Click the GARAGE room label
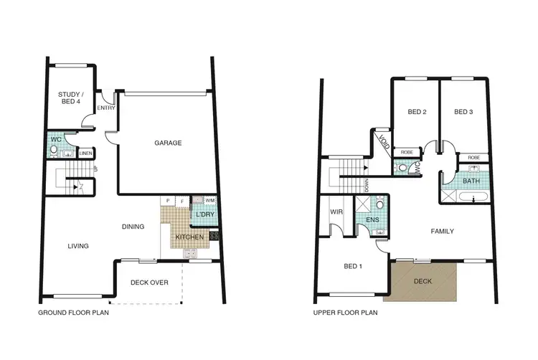tap(168, 143)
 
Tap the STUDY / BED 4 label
tap(70, 98)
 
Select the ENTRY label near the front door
tap(106, 108)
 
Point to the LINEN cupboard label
tap(85, 153)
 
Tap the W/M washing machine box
tap(210, 200)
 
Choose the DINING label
tap(133, 227)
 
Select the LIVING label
tap(78, 246)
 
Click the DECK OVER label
tap(149, 283)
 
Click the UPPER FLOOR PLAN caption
tap(345, 313)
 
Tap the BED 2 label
tap(417, 112)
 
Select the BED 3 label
tap(463, 112)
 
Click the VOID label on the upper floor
tap(383, 141)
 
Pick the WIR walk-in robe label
tap(335, 212)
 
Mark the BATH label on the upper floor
tap(471, 181)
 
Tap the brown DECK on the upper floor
tap(423, 280)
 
